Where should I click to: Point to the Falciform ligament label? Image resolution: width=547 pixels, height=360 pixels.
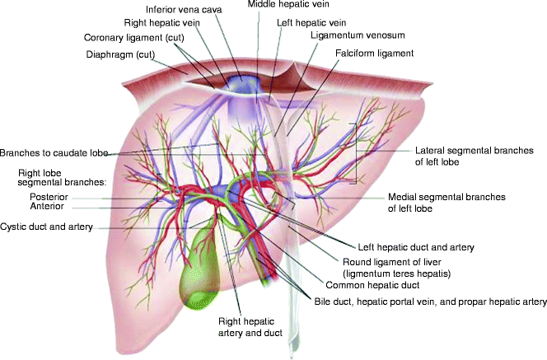374,53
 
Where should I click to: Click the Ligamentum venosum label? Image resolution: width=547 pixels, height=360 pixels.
351,36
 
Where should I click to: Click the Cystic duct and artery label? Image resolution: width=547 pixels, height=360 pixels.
46,227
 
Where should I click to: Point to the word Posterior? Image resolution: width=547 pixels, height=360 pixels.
49,197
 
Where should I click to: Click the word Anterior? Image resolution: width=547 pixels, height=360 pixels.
47,208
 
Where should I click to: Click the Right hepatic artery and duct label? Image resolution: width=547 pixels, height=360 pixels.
250,326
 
